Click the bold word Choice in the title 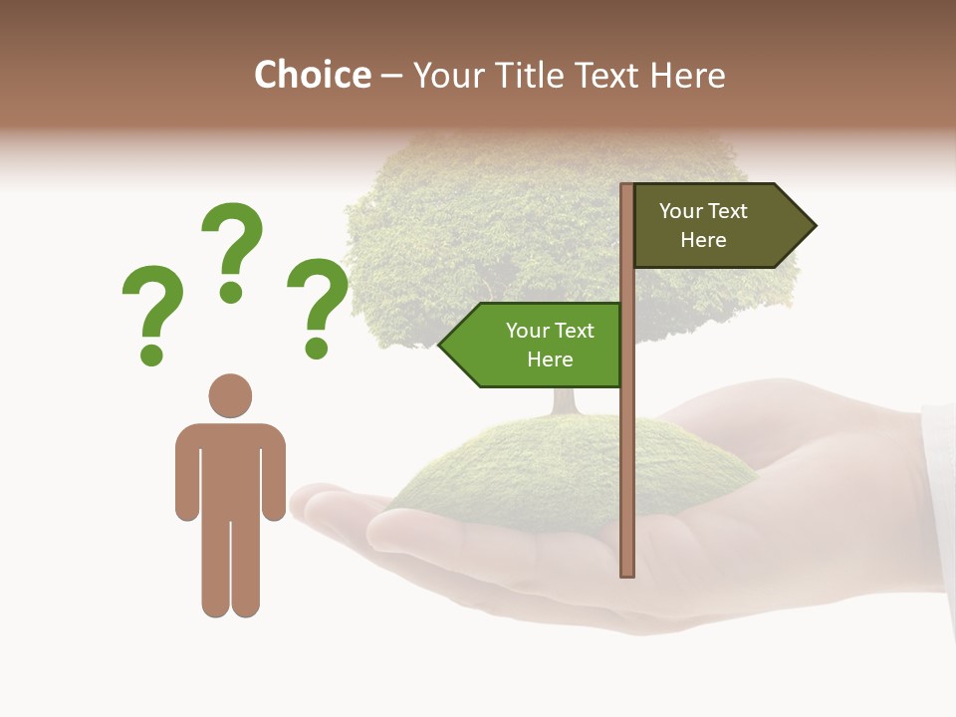pos(312,75)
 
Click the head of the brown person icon pos(230,395)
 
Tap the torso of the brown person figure pos(230,468)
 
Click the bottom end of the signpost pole pos(627,572)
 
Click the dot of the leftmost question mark pos(151,354)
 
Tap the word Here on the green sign pos(550,359)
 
